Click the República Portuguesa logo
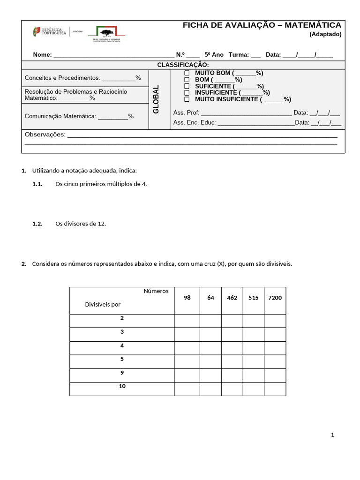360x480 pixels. point(49,32)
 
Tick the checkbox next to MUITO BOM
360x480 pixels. point(187,73)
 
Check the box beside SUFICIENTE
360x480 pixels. point(187,86)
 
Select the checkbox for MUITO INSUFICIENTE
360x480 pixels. point(187,99)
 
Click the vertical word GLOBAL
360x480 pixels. point(157,99)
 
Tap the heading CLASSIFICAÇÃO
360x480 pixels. point(183,65)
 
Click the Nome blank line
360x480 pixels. point(113,55)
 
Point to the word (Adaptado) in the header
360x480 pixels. point(325,34)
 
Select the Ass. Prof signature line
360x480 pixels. point(246,113)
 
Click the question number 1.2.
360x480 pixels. point(37,224)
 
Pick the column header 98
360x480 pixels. point(187,298)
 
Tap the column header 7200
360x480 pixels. point(275,298)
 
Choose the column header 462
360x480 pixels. point(232,298)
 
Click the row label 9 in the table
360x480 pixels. point(122,373)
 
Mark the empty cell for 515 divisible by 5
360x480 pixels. point(253,362)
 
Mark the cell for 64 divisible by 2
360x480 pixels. point(210,321)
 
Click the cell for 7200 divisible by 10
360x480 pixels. point(275,389)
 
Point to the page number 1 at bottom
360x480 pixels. point(332,435)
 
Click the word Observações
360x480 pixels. point(45,135)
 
